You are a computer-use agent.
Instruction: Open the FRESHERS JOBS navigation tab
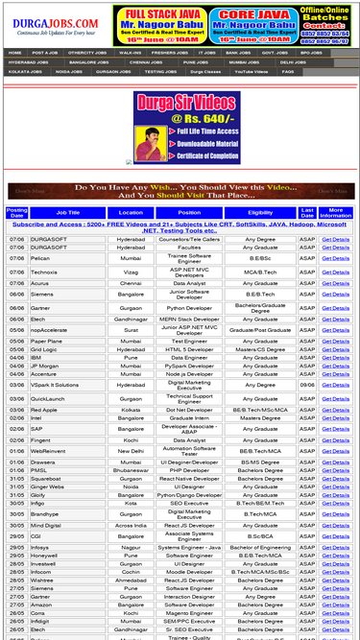169,53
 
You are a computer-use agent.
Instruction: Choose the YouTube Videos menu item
250,71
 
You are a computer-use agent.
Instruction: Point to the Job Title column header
68,212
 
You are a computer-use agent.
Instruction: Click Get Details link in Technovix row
335,272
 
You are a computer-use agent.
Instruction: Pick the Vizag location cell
131,272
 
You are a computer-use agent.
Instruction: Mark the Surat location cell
131,329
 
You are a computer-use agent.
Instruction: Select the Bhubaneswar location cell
131,470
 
